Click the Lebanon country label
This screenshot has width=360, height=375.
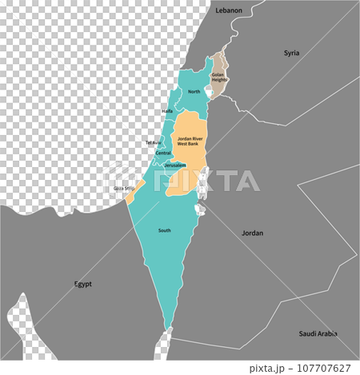(x=229, y=10)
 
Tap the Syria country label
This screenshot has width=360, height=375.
(x=291, y=53)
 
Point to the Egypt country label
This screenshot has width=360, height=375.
(x=83, y=284)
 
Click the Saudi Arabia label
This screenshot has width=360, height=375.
(x=317, y=333)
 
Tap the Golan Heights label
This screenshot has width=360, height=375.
(x=218, y=78)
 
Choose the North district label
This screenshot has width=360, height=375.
(x=194, y=92)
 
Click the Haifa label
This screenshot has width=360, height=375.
(x=167, y=111)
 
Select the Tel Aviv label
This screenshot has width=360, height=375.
(x=153, y=142)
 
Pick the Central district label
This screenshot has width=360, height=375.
(x=163, y=153)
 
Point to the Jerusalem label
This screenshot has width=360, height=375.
(x=175, y=166)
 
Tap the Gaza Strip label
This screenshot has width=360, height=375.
(x=124, y=189)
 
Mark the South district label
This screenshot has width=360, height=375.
(x=164, y=230)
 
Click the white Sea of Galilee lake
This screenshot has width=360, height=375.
(x=209, y=94)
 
